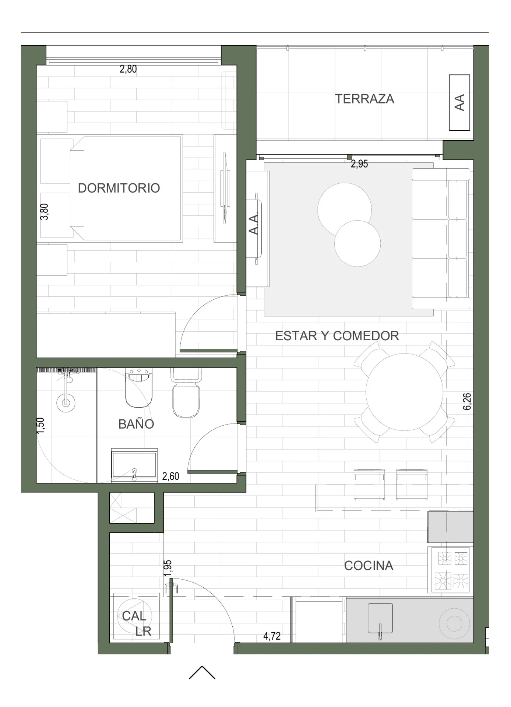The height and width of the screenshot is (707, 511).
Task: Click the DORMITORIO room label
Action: (x=119, y=188)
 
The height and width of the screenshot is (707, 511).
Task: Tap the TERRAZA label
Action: (x=364, y=99)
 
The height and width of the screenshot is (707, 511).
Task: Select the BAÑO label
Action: (x=136, y=424)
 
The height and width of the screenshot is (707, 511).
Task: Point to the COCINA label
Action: (x=369, y=566)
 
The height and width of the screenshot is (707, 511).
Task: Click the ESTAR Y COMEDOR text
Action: (x=337, y=336)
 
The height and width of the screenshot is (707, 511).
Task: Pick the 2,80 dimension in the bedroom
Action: (x=128, y=69)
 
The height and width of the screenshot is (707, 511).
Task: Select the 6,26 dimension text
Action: (x=467, y=401)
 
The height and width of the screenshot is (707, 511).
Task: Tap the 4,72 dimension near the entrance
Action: (x=272, y=636)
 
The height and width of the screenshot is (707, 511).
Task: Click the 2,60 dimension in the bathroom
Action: (x=171, y=476)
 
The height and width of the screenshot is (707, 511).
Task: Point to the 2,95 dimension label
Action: (x=359, y=164)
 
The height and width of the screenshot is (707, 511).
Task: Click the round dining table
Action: (x=404, y=392)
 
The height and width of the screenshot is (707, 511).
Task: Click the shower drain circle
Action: (x=66, y=402)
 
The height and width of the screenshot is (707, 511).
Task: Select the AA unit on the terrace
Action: (x=459, y=102)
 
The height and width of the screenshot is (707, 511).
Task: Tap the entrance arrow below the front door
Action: (x=202, y=672)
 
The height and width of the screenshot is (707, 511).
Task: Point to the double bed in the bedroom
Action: (x=126, y=188)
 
